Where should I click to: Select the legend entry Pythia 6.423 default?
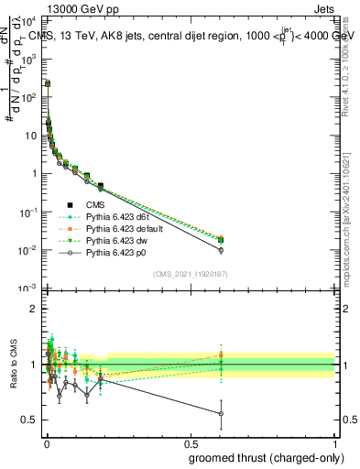[x=122, y=227]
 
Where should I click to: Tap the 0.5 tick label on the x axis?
[x=190, y=443]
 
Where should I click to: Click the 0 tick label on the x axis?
[x=47, y=443]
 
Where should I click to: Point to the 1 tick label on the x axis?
[x=334, y=443]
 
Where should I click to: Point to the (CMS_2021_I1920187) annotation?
[x=190, y=272]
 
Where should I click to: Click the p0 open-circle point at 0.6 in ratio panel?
[x=221, y=414]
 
